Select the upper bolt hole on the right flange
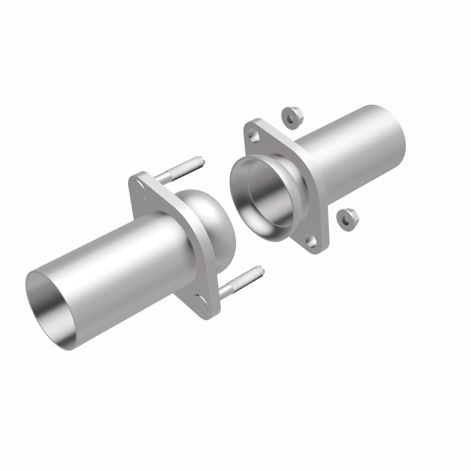click(x=253, y=136)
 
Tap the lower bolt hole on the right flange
click(x=311, y=241)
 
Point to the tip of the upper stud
click(x=201, y=160)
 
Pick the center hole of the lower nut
click(x=344, y=219)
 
